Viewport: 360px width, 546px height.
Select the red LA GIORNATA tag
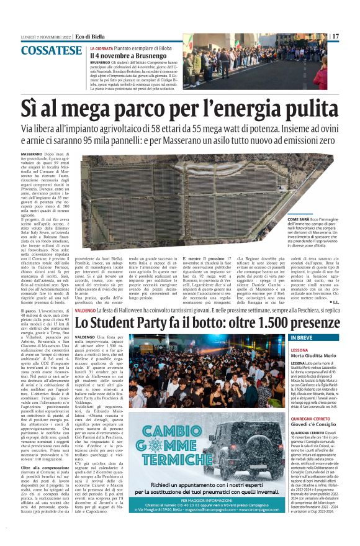[x=102, y=48]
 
